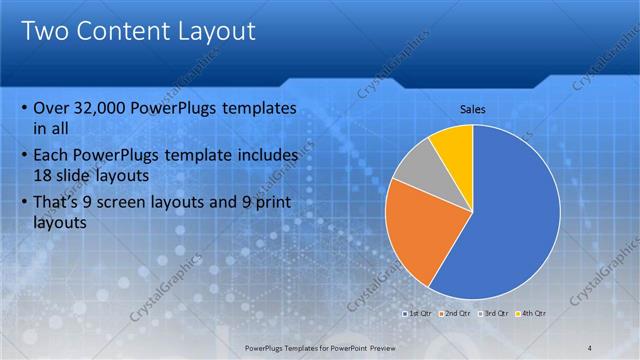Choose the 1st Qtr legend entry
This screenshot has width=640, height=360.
point(419,314)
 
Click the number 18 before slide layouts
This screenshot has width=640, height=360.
point(44,174)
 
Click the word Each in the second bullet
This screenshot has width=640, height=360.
point(51,156)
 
